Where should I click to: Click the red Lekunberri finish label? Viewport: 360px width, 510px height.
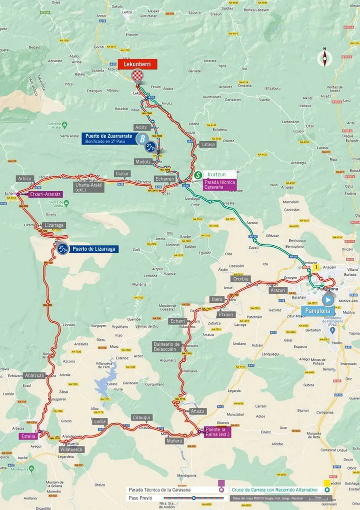click(x=137, y=64)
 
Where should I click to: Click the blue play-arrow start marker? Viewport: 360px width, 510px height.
click(x=328, y=299)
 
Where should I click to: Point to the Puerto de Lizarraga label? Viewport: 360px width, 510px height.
click(x=94, y=249)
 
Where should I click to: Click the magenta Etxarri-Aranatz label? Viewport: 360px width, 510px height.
click(x=44, y=194)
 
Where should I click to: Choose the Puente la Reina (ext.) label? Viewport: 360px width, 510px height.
click(x=217, y=432)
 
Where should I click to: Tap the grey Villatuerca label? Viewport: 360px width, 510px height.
click(x=70, y=449)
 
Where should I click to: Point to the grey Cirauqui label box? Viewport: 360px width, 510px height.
click(x=141, y=417)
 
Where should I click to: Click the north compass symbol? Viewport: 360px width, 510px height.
click(x=324, y=58)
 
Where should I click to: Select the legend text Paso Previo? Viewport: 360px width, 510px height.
click(x=140, y=498)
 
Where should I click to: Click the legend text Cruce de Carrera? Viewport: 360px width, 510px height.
click(x=274, y=490)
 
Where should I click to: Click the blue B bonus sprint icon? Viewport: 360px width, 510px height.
click(x=142, y=139)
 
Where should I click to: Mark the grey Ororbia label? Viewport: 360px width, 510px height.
click(x=240, y=279)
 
